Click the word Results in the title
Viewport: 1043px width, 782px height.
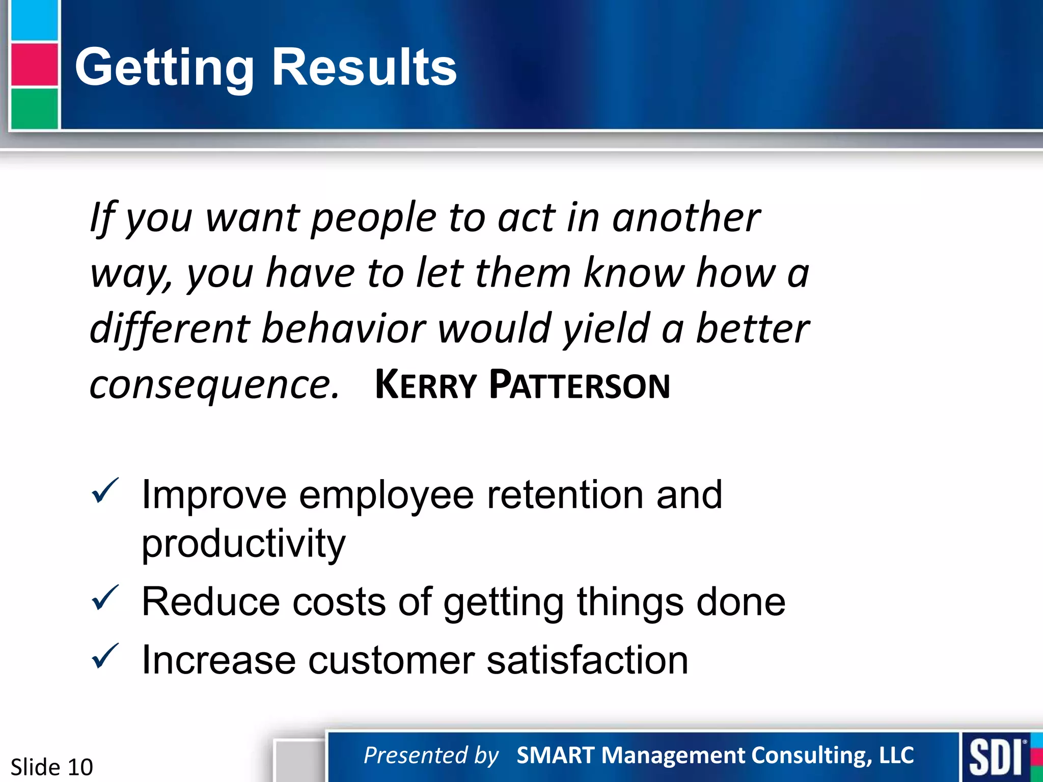point(364,67)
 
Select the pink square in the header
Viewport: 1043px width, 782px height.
point(34,65)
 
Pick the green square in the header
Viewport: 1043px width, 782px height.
point(34,108)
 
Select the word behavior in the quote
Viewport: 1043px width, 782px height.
point(343,329)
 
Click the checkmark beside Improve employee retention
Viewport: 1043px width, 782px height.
point(105,491)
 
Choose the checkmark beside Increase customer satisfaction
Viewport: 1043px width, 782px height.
point(105,657)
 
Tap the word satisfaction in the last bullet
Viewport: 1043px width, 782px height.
point(587,660)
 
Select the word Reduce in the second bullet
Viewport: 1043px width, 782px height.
point(210,602)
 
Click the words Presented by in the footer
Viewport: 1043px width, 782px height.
point(431,755)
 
